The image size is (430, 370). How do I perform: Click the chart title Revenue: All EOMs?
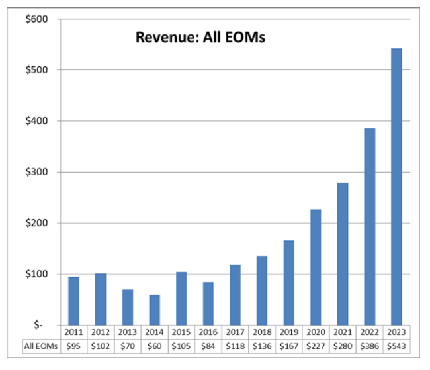[200, 37]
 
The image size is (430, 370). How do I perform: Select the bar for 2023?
[396, 186]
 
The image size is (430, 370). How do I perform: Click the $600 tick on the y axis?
[36, 19]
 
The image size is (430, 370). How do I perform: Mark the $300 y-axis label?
[36, 172]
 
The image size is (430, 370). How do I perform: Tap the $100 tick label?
[36, 274]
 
